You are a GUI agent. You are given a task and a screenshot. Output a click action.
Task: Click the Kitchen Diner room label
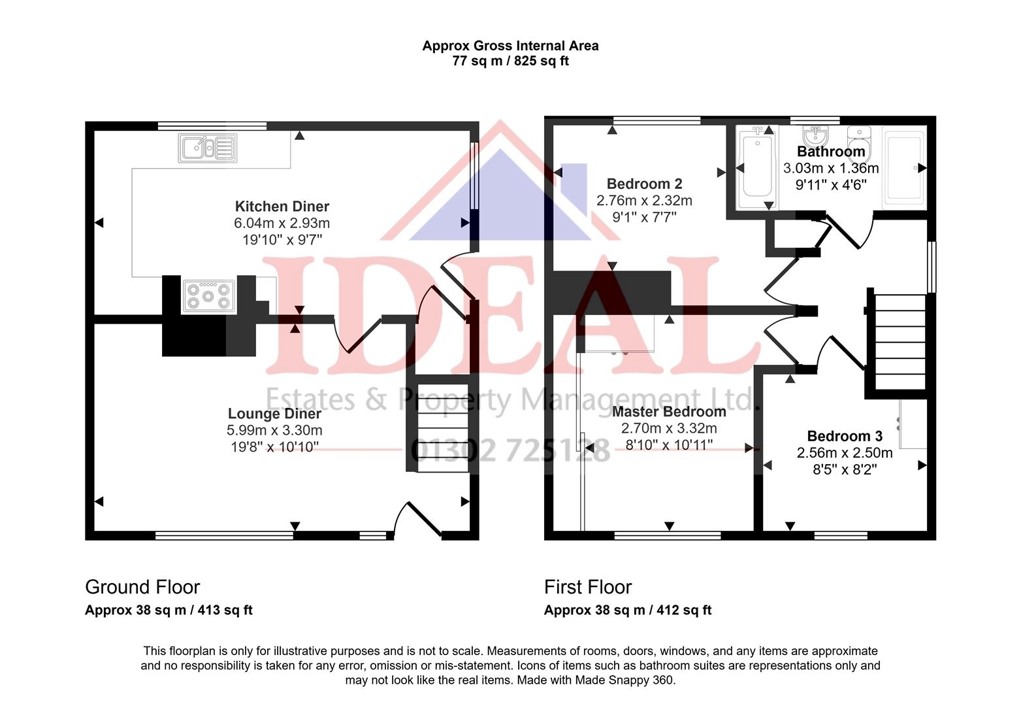[282, 207]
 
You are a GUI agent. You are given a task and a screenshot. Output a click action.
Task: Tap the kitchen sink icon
[207, 148]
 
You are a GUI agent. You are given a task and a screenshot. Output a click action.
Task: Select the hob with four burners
[208, 296]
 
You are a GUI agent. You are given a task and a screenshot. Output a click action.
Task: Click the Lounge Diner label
[274, 414]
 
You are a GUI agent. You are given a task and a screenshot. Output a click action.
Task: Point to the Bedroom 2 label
[644, 184]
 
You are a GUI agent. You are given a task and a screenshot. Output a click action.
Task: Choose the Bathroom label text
[831, 152]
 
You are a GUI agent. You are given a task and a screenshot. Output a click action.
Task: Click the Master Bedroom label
[669, 412]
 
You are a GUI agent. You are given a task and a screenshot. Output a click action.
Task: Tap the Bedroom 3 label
[845, 437]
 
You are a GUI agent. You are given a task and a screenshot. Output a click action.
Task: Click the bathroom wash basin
[815, 135]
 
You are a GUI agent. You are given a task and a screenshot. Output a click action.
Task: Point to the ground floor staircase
[443, 428]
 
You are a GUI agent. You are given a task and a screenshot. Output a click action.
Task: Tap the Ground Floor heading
[142, 587]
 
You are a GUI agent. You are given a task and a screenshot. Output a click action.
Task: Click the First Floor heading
[588, 587]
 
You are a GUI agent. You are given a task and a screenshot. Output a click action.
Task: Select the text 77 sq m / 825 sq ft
[511, 61]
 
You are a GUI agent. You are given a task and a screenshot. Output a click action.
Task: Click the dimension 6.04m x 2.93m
[282, 223]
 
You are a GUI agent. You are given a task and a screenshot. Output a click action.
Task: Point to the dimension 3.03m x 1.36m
[831, 168]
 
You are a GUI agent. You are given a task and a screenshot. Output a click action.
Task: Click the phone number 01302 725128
[511, 450]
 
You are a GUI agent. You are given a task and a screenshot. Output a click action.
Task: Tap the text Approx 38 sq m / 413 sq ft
[169, 610]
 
